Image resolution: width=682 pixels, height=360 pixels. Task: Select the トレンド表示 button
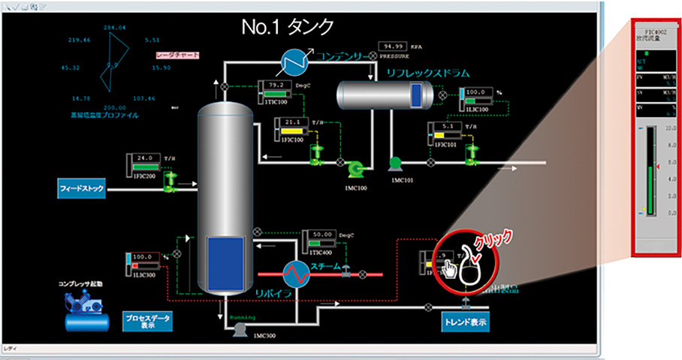[466, 323]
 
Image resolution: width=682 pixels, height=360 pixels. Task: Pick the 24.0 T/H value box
[146, 159]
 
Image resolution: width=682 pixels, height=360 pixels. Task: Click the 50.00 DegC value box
[322, 234]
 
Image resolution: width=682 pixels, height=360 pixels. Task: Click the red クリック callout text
[495, 238]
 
